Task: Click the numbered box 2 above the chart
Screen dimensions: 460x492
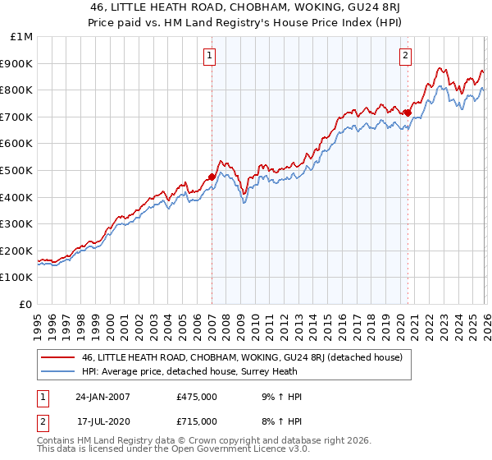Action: pyautogui.click(x=406, y=56)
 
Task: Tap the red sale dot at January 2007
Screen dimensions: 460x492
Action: pyautogui.click(x=212, y=177)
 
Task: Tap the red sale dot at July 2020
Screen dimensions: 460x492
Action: pyautogui.click(x=408, y=113)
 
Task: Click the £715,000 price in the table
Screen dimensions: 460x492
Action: pyautogui.click(x=197, y=421)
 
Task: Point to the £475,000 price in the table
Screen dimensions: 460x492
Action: pyautogui.click(x=197, y=397)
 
